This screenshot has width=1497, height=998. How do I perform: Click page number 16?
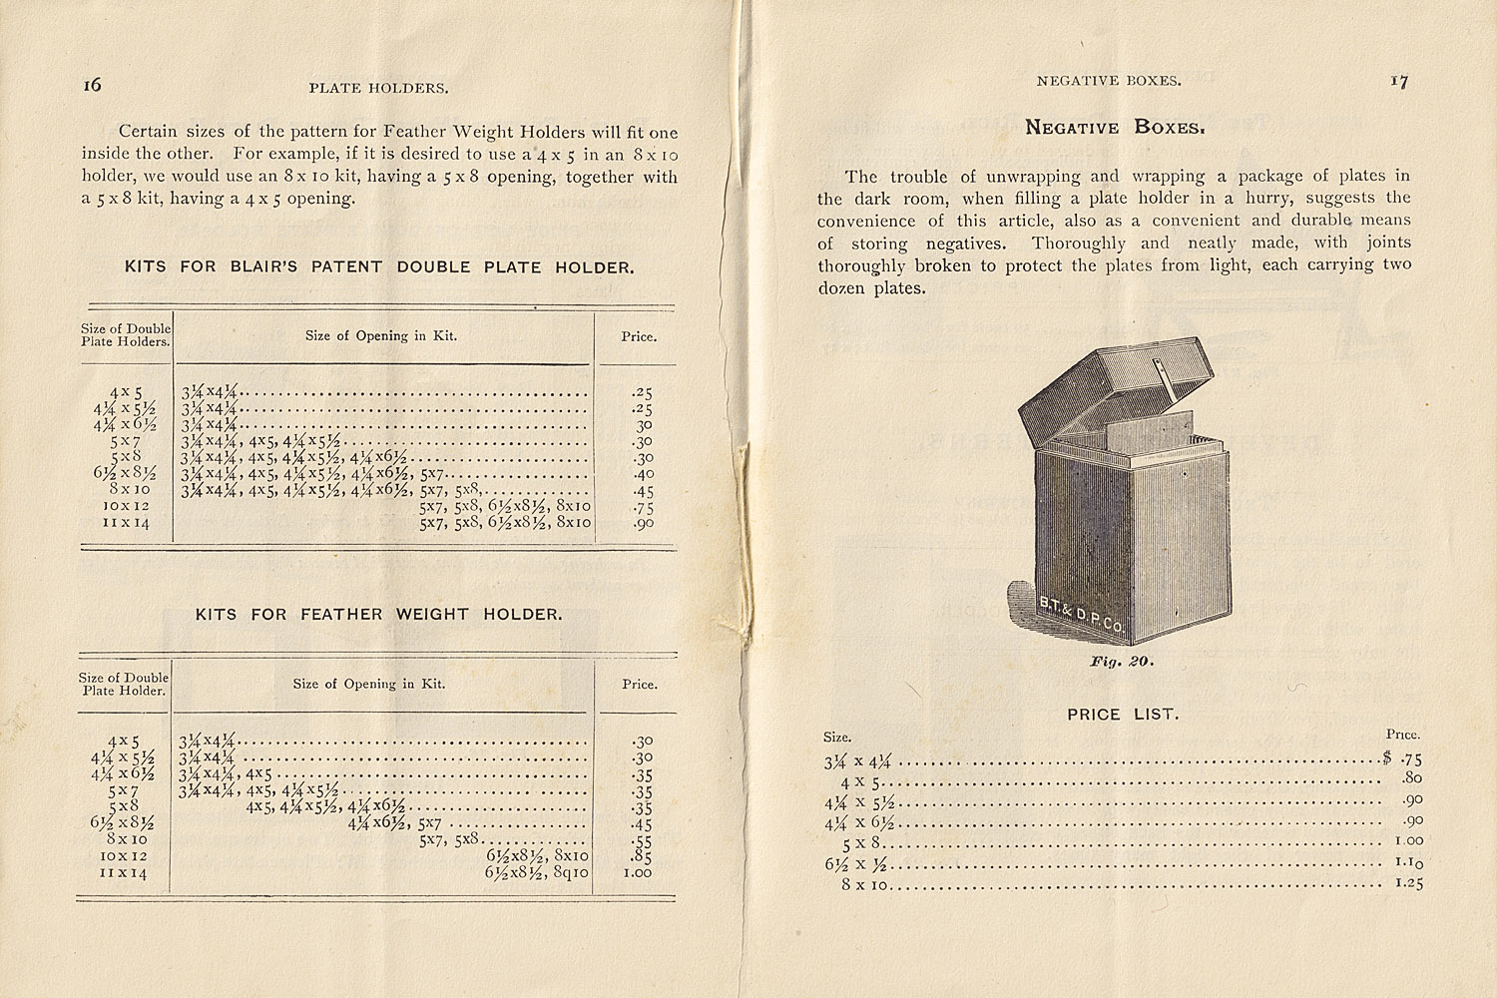tap(92, 85)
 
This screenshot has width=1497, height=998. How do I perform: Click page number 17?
tap(1399, 82)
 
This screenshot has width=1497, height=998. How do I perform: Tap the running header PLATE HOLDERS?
tap(378, 88)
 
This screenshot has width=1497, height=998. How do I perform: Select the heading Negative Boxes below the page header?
tap(1116, 128)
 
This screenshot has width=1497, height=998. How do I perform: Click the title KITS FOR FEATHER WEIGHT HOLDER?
tap(378, 615)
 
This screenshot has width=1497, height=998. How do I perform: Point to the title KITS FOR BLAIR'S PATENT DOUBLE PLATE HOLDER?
tap(378, 267)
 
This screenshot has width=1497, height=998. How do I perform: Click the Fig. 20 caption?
tap(1122, 662)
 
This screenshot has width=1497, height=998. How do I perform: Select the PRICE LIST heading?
tap(1123, 715)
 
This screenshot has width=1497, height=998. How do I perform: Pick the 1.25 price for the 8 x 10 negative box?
tap(1408, 883)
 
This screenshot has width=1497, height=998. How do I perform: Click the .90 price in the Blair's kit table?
tap(643, 523)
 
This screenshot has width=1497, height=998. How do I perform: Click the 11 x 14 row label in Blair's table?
tap(126, 523)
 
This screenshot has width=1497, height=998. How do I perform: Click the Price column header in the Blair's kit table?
tap(639, 336)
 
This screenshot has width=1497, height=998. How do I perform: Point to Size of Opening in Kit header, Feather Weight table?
tap(369, 685)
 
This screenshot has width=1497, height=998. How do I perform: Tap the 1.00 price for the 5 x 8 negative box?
tap(1408, 840)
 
